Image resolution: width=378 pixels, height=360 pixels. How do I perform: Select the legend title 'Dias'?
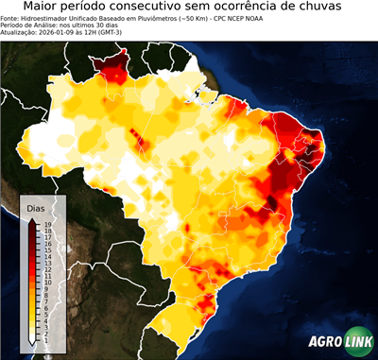click(x=36, y=207)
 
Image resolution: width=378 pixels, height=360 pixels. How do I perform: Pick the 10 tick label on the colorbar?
click(x=47, y=278)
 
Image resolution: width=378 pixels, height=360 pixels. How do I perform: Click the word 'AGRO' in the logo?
click(x=325, y=343)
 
